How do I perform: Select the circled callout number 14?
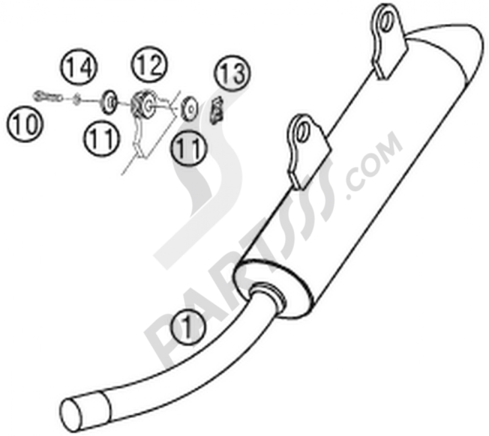tap(79, 67)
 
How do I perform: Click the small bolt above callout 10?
tap(47, 97)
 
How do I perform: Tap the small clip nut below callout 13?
tap(217, 110)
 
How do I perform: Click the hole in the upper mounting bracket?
tap(386, 21)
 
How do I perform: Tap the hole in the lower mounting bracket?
tap(302, 131)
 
